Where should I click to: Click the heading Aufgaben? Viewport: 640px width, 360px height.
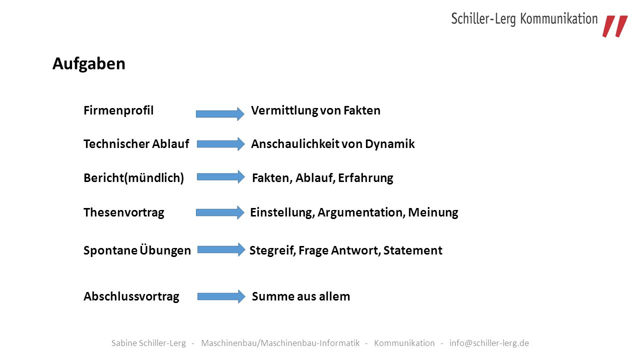(89, 64)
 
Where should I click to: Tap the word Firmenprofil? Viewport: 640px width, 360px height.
(118, 110)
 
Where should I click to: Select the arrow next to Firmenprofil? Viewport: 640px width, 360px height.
(220, 113)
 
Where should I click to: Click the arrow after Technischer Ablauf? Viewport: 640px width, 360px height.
(221, 143)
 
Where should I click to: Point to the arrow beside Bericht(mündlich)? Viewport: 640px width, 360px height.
(221, 177)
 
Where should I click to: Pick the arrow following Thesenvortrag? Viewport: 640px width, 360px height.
(220, 212)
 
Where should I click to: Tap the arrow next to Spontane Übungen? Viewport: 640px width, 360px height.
(221, 249)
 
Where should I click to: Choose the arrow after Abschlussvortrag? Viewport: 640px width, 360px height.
(221, 296)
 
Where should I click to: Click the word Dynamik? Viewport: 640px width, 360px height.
(389, 144)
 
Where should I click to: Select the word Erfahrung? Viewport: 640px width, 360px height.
(365, 178)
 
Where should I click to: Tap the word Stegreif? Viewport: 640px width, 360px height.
(272, 251)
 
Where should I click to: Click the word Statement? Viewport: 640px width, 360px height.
(413, 250)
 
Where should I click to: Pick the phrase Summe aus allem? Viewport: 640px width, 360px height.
(301, 296)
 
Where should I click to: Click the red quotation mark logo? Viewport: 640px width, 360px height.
(615, 26)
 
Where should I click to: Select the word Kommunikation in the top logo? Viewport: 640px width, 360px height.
(559, 19)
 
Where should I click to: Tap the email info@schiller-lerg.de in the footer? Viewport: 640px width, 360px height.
(489, 343)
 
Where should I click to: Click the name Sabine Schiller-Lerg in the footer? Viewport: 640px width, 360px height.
(148, 343)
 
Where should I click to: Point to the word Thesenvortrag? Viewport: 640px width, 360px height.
(123, 213)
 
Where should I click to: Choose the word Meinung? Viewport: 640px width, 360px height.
(433, 213)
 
